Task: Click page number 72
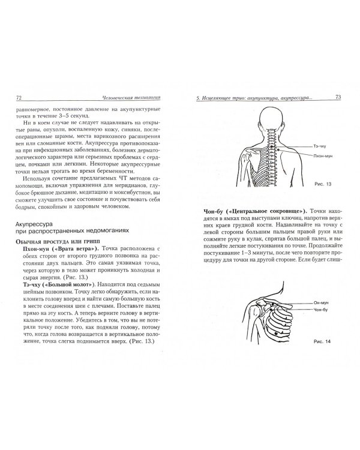pyautogui.click(x=19, y=98)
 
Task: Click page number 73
pyautogui.click(x=338, y=97)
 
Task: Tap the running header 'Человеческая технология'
pyautogui.click(x=131, y=98)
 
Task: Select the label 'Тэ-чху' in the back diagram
pyautogui.click(x=320, y=146)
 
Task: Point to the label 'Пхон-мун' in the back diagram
pyautogui.click(x=323, y=156)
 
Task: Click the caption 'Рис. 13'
pyautogui.click(x=323, y=184)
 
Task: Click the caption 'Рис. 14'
pyautogui.click(x=322, y=341)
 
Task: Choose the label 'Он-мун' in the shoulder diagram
pyautogui.click(x=321, y=303)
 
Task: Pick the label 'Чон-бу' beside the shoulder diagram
pyautogui.click(x=320, y=310)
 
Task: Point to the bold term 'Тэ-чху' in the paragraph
pyautogui.click(x=31, y=284)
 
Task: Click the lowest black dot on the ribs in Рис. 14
pyautogui.click(x=276, y=333)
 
